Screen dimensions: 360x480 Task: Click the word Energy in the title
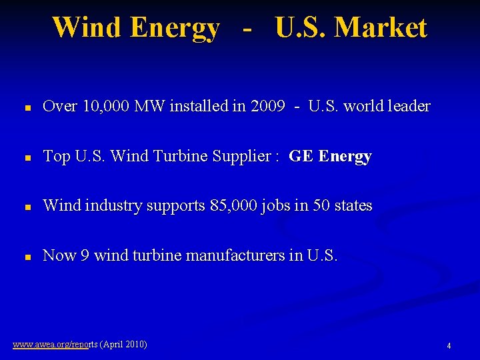click(175, 28)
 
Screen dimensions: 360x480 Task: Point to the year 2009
click(269, 106)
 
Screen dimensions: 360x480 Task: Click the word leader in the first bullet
click(407, 106)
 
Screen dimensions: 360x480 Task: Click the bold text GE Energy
click(330, 157)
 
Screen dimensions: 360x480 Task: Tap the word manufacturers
click(238, 256)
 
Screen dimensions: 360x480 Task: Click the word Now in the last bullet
click(58, 256)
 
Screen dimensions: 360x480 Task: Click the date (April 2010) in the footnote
click(123, 345)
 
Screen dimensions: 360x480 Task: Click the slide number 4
click(449, 346)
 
